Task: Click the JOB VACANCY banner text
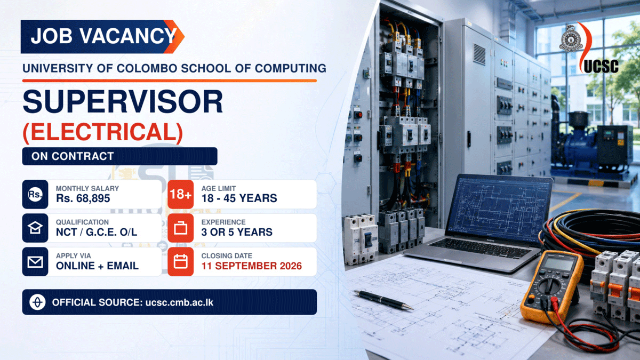103,36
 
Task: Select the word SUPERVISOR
123,102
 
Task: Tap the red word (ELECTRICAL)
103,132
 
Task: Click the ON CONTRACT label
73,156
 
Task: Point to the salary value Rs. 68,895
83,198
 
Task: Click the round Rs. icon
35,194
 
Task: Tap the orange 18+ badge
181,194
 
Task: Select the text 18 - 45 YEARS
239,198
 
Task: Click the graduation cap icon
35,228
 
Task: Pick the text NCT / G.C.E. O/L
97,232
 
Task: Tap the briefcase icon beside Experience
181,228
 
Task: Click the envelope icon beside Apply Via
35,262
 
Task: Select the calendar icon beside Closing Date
181,261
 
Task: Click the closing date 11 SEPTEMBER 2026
251,266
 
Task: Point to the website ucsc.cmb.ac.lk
179,302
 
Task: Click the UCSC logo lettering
601,66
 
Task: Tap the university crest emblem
571,38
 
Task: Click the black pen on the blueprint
383,300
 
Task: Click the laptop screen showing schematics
501,208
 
